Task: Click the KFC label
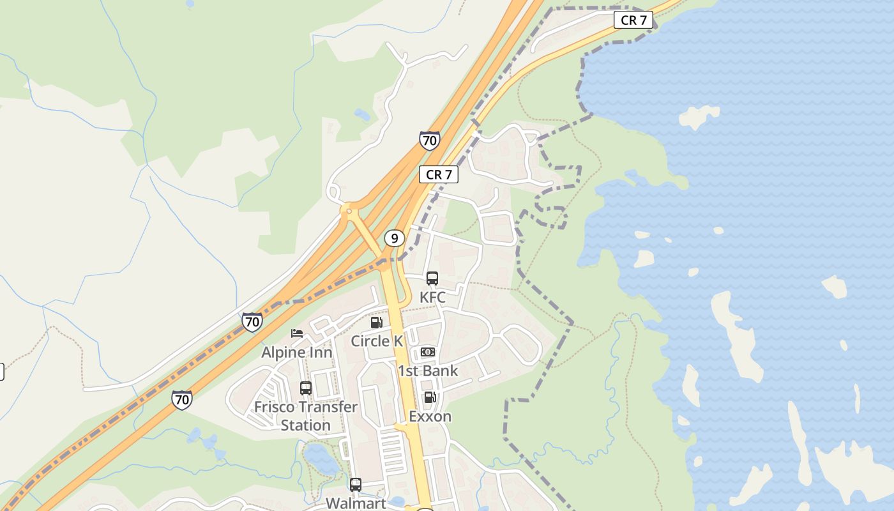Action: (432, 297)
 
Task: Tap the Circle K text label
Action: (377, 341)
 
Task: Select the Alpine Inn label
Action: (297, 352)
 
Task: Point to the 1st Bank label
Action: (428, 370)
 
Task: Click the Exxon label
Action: (430, 416)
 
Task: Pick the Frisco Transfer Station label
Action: (306, 416)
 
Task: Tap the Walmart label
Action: (356, 503)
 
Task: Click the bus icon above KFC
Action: (432, 278)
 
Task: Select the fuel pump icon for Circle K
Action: (377, 323)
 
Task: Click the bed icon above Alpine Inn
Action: (297, 333)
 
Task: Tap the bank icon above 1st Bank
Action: (428, 352)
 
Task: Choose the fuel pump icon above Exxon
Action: (430, 397)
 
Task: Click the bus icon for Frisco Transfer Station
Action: (306, 388)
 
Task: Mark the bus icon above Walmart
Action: (356, 484)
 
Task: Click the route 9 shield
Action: (395, 238)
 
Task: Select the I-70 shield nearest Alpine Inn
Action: (252, 321)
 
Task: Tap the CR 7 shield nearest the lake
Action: (634, 20)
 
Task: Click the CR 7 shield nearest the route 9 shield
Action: (439, 174)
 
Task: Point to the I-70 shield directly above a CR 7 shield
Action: (430, 140)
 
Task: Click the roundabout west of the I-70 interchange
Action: (349, 209)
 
